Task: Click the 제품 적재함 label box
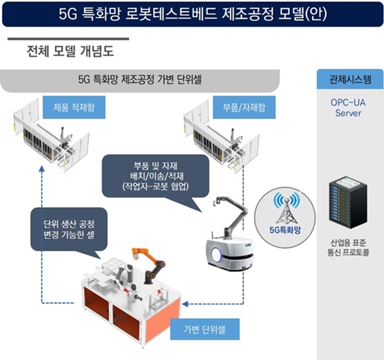click(x=74, y=107)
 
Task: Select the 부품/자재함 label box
click(x=244, y=107)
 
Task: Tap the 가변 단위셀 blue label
click(x=205, y=329)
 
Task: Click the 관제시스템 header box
click(x=350, y=79)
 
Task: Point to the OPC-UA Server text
click(x=348, y=108)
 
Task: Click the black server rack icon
click(x=348, y=202)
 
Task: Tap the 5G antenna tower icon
click(x=286, y=208)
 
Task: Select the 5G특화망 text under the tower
click(x=285, y=230)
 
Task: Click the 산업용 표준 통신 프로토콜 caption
click(x=348, y=248)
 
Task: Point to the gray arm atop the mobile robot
click(x=230, y=216)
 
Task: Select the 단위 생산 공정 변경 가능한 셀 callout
click(x=69, y=230)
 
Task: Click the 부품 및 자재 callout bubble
click(x=155, y=176)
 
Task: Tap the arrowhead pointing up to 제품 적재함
click(x=42, y=168)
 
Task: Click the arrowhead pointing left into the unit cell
click(x=186, y=304)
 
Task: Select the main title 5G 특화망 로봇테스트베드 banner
click(x=193, y=14)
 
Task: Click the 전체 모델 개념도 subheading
click(x=70, y=52)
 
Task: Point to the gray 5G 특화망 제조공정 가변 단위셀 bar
click(x=140, y=80)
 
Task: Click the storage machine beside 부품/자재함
click(x=221, y=137)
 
